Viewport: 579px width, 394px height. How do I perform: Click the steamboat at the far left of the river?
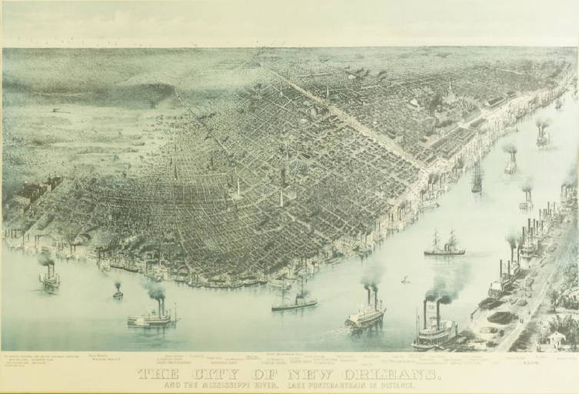(x=49, y=279)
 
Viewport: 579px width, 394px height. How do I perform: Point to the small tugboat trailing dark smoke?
(x=118, y=292)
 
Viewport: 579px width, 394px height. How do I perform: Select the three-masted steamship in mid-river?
(x=444, y=245)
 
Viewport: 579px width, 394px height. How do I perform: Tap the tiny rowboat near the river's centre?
(x=405, y=280)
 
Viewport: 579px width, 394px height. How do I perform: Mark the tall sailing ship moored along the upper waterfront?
(x=477, y=179)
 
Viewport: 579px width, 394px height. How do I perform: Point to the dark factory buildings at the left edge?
(x=35, y=192)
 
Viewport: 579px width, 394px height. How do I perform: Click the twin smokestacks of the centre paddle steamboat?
(x=371, y=295)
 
